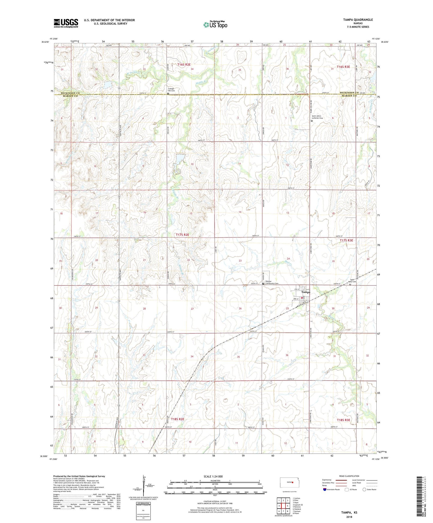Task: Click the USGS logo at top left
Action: pyautogui.click(x=66, y=23)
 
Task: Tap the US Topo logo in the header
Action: pyautogui.click(x=215, y=25)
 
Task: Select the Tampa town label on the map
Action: pyautogui.click(x=305, y=292)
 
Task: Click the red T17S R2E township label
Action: pyautogui.click(x=182, y=235)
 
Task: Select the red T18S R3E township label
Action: pyautogui.click(x=343, y=420)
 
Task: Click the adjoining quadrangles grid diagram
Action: pyautogui.click(x=283, y=506)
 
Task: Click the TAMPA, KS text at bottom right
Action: pyautogui.click(x=349, y=513)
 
